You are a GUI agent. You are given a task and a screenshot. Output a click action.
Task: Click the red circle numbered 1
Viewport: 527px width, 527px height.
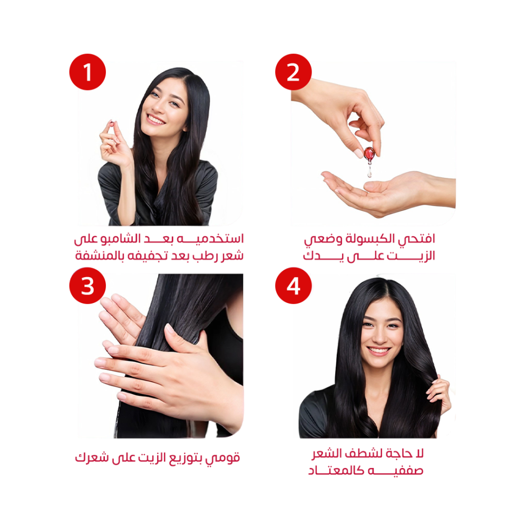pos(87,72)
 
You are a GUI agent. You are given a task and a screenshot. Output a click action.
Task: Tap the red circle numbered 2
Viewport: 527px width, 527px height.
pos(294,72)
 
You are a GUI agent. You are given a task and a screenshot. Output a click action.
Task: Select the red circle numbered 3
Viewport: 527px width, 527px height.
pos(87,286)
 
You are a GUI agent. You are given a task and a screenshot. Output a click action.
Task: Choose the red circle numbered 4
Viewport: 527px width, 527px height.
pos(294,286)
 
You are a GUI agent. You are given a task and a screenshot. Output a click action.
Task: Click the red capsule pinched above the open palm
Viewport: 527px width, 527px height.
pos(369,153)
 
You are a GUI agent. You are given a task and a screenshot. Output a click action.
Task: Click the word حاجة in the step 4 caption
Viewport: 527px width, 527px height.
pos(399,454)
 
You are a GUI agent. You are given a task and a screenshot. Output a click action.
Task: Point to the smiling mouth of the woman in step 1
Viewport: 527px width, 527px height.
pos(155,119)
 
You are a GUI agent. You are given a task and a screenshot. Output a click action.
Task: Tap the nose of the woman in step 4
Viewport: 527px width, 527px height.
pos(381,337)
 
